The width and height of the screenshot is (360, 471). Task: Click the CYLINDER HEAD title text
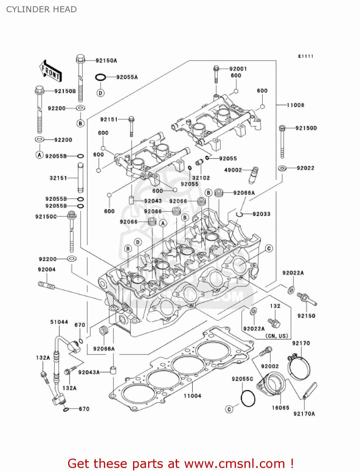(41, 9)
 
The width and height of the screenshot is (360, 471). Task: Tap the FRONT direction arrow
(51, 71)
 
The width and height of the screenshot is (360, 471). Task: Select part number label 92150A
(106, 61)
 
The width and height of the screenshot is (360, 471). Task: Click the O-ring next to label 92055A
(100, 77)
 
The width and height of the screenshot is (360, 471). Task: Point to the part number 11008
(295, 105)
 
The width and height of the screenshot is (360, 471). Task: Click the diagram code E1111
(306, 56)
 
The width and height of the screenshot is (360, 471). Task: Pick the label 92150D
(306, 128)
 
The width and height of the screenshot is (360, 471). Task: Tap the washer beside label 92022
(282, 168)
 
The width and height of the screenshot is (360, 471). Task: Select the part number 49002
(233, 170)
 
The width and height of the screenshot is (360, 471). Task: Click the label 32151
(58, 178)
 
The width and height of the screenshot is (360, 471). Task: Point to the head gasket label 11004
(192, 396)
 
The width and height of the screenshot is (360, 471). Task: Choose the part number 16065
(280, 408)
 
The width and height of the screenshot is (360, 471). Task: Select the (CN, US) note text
(277, 336)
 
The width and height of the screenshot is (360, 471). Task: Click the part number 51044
(59, 322)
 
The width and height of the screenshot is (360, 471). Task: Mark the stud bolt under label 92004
(46, 285)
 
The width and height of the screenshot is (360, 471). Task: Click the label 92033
(261, 214)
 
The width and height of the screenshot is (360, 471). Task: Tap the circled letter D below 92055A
(100, 93)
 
